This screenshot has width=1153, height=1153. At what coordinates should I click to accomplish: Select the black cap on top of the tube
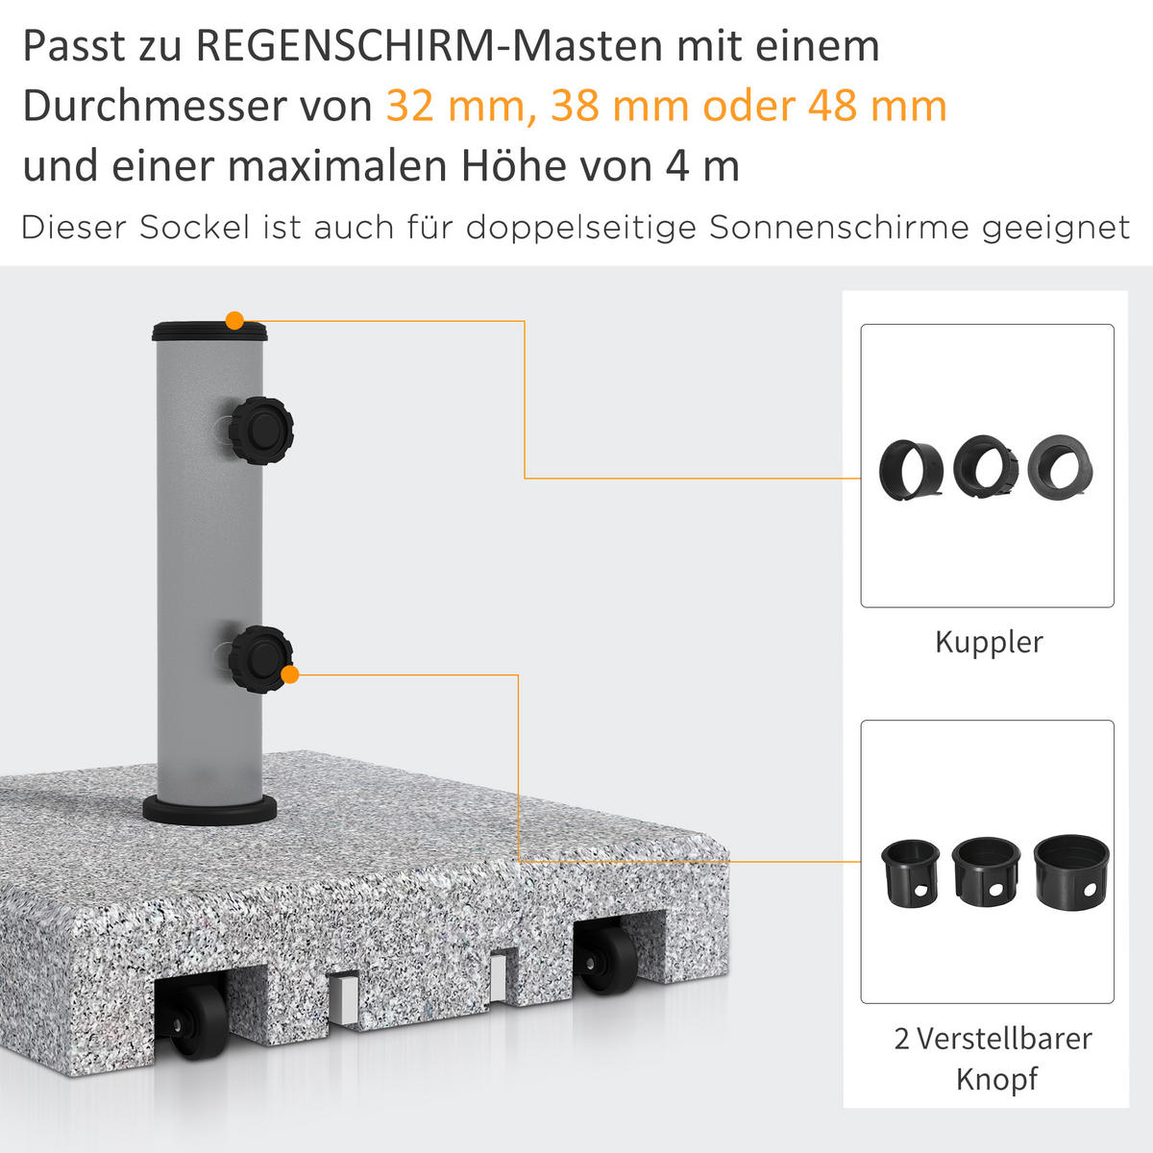[209, 332]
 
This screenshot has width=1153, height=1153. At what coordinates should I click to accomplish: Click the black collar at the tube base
[209, 809]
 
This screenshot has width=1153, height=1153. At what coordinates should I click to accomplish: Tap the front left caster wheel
[202, 1021]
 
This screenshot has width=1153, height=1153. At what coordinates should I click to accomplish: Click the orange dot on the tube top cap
[234, 321]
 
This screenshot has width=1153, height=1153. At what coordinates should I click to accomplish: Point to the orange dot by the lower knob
[290, 675]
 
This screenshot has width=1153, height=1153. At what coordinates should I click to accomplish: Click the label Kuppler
[988, 642]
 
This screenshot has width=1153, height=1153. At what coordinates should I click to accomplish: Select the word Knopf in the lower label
[996, 1078]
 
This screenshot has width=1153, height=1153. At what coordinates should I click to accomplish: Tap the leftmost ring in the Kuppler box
[909, 468]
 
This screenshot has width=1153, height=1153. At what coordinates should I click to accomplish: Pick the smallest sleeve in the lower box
[910, 872]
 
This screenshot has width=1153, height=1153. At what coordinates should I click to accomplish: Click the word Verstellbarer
[1004, 1039]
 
